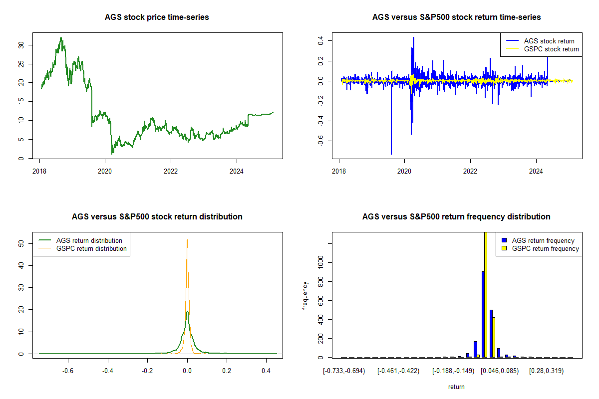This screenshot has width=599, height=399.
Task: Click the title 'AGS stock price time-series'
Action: [x=157, y=17]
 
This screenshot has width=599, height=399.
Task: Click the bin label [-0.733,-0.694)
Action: [x=344, y=371]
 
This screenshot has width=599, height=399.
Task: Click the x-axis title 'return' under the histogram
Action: [x=456, y=387]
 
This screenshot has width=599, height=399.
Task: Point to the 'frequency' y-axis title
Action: [x=305, y=295]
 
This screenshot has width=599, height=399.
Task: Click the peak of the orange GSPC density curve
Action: [x=187, y=240]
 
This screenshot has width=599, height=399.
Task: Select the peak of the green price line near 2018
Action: [x=61, y=38]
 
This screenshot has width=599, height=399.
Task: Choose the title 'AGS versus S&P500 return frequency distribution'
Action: [x=456, y=217]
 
